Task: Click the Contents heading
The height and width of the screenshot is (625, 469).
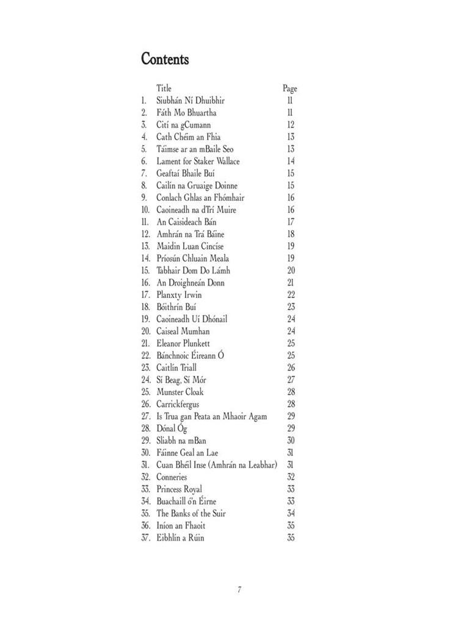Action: pos(165,59)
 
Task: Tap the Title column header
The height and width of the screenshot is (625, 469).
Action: pos(164,89)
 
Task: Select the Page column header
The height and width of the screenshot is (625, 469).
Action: pos(289,89)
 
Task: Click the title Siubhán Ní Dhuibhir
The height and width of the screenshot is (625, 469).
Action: pos(191,101)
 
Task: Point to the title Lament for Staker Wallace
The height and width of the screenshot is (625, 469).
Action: pos(198,161)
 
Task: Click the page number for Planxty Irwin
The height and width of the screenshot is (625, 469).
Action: pos(291,295)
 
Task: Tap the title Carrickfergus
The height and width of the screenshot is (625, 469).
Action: pos(178,404)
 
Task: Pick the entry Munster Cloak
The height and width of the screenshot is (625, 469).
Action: pos(180,392)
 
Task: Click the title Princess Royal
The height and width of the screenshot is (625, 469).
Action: pos(180,489)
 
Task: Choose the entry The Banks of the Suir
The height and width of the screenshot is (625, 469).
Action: pos(191,513)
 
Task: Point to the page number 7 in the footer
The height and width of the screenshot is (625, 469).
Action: pos(239,590)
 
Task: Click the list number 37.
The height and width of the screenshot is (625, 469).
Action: pos(145,538)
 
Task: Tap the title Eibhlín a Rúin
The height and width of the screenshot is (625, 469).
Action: pos(180,538)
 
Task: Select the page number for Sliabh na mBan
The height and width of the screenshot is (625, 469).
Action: pos(291,441)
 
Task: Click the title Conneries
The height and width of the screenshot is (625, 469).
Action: pos(172,477)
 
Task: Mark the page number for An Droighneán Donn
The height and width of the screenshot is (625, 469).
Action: pos(291,283)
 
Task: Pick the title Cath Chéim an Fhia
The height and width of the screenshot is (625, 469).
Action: pos(187,137)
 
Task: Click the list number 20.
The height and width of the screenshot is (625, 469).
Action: pos(145,331)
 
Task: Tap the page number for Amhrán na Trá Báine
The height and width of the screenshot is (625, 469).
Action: pos(291,234)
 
